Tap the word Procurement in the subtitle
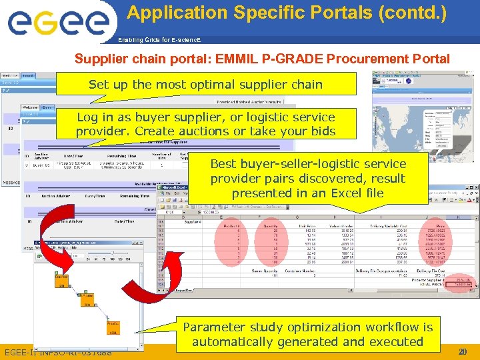(346, 59)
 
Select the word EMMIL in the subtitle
(236, 59)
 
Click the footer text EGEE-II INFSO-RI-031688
(58, 351)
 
